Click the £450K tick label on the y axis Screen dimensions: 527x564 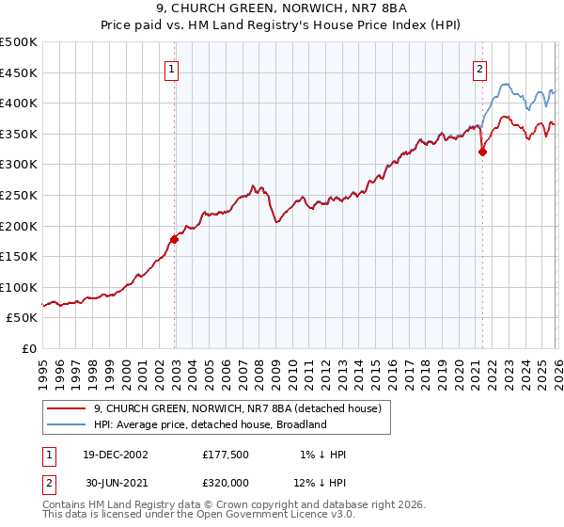(x=19, y=72)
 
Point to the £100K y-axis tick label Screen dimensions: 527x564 (x=19, y=287)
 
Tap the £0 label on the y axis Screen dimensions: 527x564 (x=28, y=348)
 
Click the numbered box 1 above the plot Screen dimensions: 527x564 (x=174, y=68)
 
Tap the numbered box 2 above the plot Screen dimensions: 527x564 (x=480, y=68)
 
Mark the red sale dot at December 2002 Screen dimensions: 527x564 (x=175, y=239)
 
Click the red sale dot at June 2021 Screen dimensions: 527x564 (x=482, y=152)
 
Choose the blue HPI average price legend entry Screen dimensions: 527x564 (x=209, y=424)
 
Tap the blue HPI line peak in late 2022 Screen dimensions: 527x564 (x=504, y=84)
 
